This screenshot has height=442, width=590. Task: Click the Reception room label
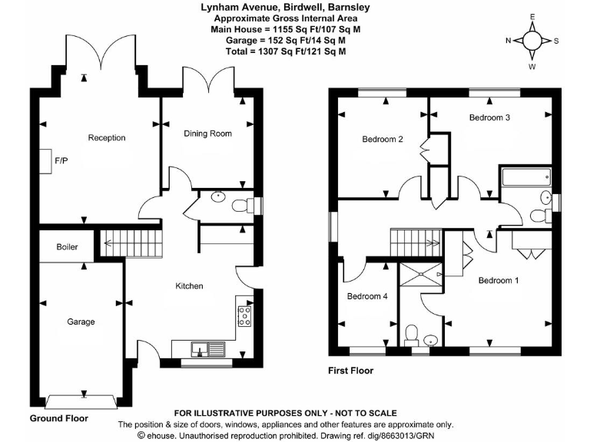coord(107,138)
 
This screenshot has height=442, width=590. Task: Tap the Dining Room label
coord(207,134)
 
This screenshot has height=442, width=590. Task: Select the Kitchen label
coord(189,286)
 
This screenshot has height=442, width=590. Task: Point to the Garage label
coord(80,322)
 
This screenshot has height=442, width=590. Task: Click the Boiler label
coord(67,248)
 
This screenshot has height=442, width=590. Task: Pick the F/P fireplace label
coord(62,161)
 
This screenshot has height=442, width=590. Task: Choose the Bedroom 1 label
coord(498,281)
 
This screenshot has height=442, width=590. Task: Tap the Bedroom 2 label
coord(383,140)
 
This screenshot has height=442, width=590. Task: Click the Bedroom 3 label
coord(490,118)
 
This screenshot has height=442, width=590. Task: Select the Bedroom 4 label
coord(367,296)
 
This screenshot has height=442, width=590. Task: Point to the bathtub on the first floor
coord(525,178)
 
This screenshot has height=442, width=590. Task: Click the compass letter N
coord(507,41)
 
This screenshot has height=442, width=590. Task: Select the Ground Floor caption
coord(58,419)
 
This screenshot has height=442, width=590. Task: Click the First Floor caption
coord(350,371)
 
